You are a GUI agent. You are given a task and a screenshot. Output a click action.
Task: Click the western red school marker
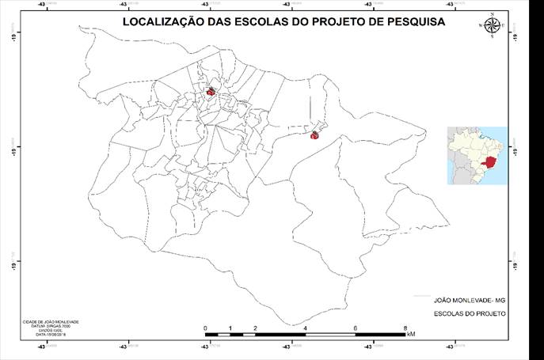(x=211, y=92)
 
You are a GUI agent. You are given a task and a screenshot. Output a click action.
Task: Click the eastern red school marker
(x=314, y=135)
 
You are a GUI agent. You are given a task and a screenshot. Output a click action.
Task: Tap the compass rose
(x=492, y=25)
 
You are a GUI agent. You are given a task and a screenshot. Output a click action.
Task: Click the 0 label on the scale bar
(x=205, y=328)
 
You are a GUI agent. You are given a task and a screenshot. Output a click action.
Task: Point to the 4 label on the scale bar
(x=305, y=328)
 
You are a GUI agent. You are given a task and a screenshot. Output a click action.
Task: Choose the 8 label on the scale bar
(x=405, y=328)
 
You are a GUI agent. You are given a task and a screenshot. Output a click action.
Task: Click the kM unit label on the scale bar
(x=410, y=335)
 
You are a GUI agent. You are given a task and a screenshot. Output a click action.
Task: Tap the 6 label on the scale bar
(x=356, y=328)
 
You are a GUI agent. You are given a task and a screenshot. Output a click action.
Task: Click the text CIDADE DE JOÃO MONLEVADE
(x=51, y=322)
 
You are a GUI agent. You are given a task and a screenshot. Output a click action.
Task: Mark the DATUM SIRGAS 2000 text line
(x=51, y=326)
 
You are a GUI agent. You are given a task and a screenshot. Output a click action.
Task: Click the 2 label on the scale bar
(x=255, y=328)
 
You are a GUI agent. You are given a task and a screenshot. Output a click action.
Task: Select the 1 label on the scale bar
(x=230, y=328)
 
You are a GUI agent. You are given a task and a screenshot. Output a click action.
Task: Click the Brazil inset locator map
(x=477, y=155)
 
